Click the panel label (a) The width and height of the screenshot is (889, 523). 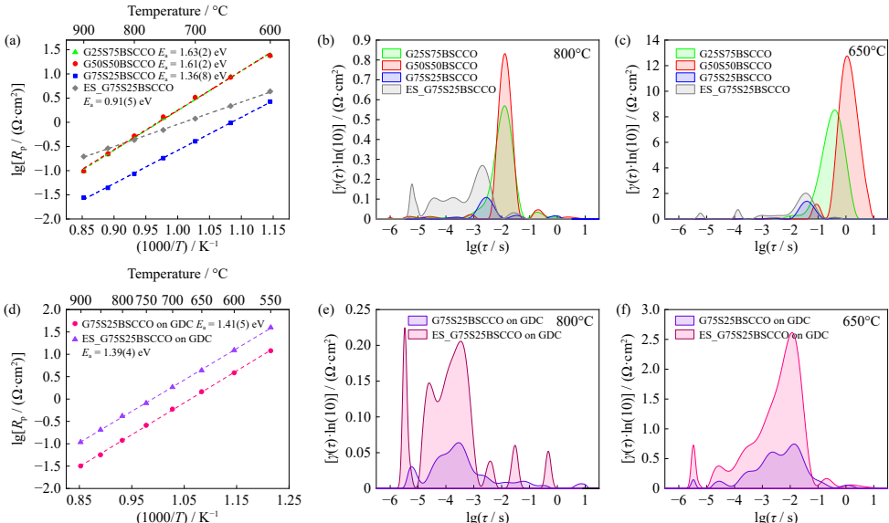[x=12, y=41]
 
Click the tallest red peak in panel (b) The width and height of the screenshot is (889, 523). [x=504, y=54]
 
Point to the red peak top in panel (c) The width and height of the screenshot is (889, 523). [x=847, y=57]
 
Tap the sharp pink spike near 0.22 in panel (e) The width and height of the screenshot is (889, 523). [x=404, y=328]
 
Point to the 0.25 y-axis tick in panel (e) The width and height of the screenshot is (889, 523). [x=366, y=309]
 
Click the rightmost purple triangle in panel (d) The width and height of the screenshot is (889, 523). [x=271, y=327]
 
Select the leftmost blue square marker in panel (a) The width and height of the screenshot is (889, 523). [x=84, y=197]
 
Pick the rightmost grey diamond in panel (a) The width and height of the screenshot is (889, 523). [x=270, y=91]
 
